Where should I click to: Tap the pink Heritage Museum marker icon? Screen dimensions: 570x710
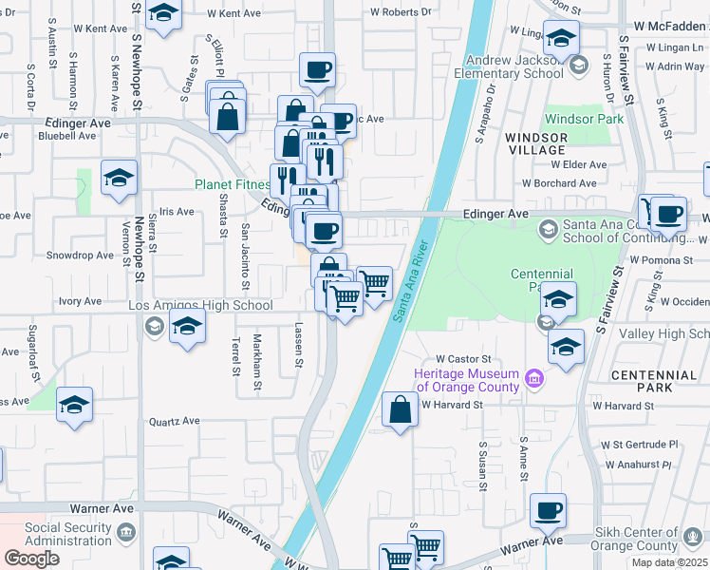(x=533, y=380)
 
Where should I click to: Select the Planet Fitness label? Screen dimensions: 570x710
(x=233, y=185)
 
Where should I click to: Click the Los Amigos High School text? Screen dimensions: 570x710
(x=200, y=306)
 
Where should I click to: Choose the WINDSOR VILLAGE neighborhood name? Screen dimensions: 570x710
(x=536, y=143)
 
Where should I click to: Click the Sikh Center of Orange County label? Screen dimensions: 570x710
(x=651, y=540)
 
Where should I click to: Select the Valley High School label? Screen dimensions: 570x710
(x=664, y=335)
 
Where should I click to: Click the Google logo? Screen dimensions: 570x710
(x=31, y=558)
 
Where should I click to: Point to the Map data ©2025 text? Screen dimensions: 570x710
(x=669, y=562)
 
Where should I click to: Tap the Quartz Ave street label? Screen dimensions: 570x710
(x=175, y=421)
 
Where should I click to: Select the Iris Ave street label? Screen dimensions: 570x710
(x=177, y=211)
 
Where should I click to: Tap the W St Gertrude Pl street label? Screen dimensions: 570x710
(x=641, y=444)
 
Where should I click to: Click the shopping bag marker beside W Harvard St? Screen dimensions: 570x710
(x=400, y=410)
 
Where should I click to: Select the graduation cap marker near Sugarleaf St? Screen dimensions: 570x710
(x=74, y=406)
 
